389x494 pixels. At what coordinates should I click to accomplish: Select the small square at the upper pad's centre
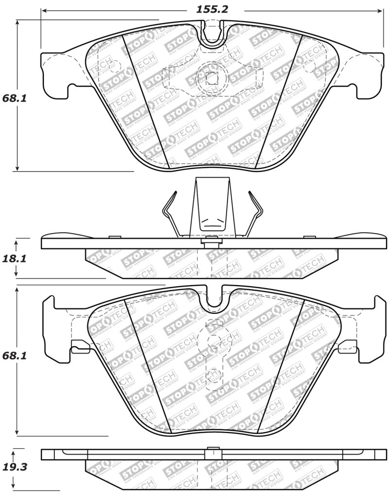(x=212, y=77)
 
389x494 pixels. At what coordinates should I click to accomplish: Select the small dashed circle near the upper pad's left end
(x=116, y=65)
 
